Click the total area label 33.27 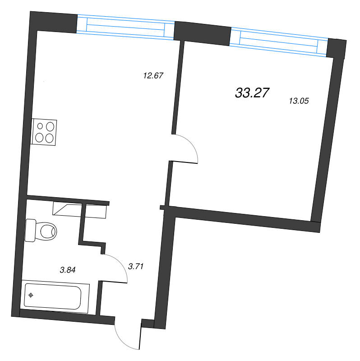(252, 93)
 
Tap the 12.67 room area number (152, 76)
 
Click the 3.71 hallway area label (136, 267)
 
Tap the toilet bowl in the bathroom (47, 231)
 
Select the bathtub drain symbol (31, 296)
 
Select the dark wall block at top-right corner (337, 48)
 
